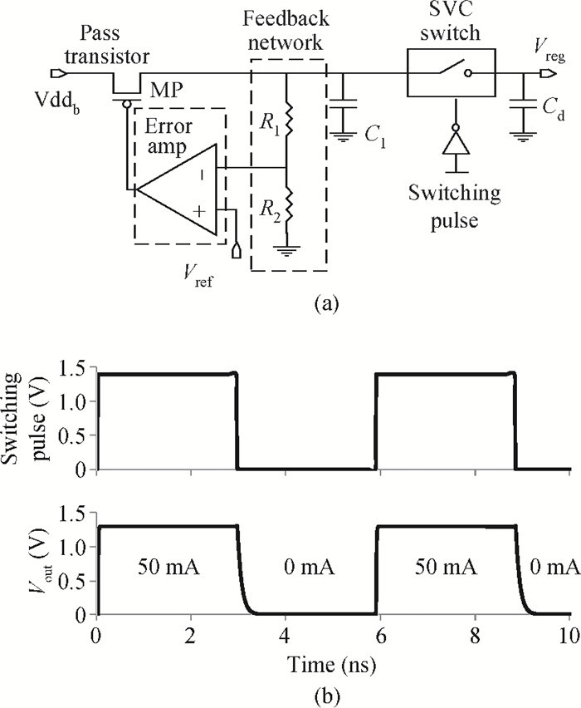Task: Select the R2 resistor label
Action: (x=270, y=209)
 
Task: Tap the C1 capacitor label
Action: (x=375, y=136)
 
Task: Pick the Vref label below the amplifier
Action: (x=198, y=274)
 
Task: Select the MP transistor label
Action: (x=167, y=91)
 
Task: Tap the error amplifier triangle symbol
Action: (x=177, y=189)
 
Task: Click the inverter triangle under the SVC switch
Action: (x=456, y=144)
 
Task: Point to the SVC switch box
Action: (x=451, y=72)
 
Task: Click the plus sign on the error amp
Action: (x=199, y=210)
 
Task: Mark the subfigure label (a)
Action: (x=326, y=301)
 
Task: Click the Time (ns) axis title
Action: (x=331, y=664)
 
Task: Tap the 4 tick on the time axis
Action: (x=285, y=636)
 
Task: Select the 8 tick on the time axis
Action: (x=475, y=636)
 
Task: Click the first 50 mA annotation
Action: (x=168, y=566)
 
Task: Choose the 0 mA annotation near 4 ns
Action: (x=310, y=566)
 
